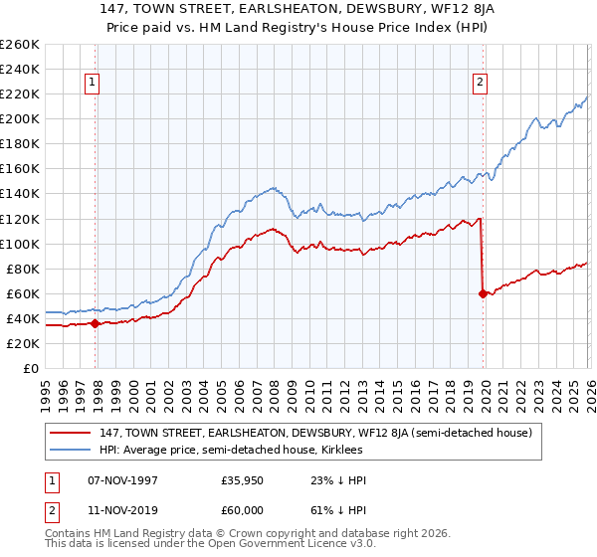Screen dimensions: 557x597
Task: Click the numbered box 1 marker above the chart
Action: coord(91,84)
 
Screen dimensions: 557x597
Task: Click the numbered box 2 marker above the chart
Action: coord(480,84)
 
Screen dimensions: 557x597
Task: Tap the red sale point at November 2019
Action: coord(483,293)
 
